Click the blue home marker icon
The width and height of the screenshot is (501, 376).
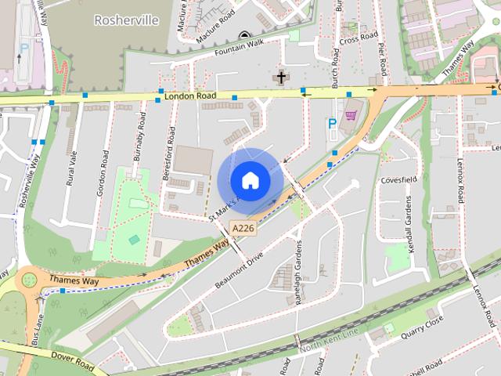point(250,181)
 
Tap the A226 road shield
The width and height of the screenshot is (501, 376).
point(242,227)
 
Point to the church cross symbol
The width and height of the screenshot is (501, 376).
point(280,78)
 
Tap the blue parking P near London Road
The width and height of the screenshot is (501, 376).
point(332,123)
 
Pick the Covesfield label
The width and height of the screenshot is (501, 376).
point(397,179)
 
